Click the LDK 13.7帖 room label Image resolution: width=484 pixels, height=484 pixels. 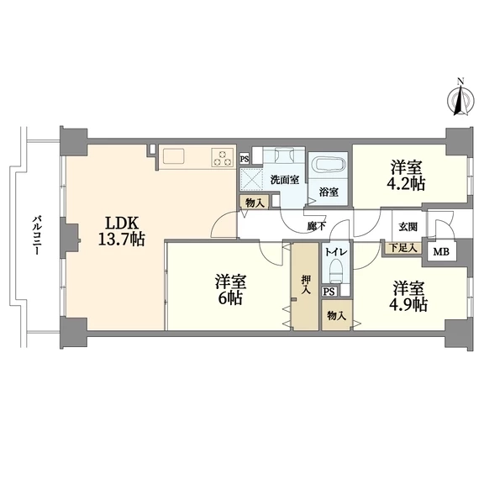(x=121, y=231)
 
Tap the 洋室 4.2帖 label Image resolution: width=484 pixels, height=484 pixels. (x=405, y=176)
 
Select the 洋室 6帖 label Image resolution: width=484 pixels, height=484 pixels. (x=230, y=290)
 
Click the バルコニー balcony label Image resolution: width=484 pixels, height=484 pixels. (x=37, y=235)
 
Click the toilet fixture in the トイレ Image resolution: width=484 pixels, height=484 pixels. (x=335, y=271)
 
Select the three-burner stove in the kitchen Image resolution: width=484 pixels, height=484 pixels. (x=223, y=158)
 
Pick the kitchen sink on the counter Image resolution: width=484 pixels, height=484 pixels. (x=173, y=156)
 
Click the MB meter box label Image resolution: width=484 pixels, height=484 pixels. (x=441, y=252)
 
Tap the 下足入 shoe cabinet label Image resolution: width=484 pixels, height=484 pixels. (x=403, y=248)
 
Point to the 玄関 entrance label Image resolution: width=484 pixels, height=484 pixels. (x=408, y=227)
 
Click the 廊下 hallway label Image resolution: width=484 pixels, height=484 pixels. (x=317, y=226)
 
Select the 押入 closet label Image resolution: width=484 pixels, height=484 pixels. (x=306, y=284)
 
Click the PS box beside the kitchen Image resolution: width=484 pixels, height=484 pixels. (x=245, y=160)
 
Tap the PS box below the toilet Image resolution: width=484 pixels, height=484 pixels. (x=329, y=292)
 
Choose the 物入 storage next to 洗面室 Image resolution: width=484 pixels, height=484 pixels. (x=255, y=203)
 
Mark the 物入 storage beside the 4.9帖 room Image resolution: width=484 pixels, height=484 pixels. (x=336, y=315)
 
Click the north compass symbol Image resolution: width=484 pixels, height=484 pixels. (x=460, y=98)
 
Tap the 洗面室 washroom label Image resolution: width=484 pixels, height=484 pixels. (x=285, y=180)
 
